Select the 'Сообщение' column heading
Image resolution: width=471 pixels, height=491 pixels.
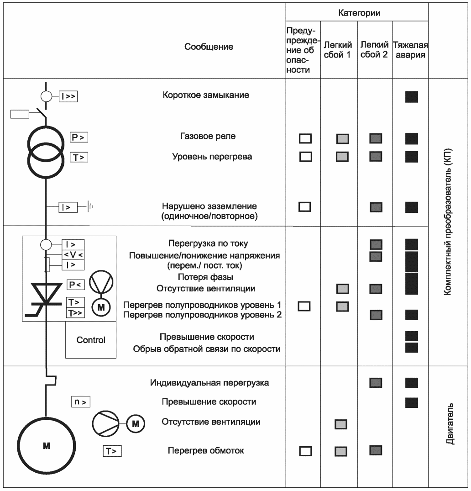[x=209, y=47]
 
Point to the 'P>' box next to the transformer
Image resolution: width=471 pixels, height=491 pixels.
[x=78, y=137]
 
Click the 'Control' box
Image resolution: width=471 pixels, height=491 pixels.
[x=90, y=340]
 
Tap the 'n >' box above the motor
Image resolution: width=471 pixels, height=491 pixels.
[x=81, y=402]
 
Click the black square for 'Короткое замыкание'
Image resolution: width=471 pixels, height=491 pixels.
[x=411, y=97]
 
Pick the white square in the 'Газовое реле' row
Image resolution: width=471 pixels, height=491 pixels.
[x=305, y=138]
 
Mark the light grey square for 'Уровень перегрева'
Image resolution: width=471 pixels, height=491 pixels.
[x=342, y=157]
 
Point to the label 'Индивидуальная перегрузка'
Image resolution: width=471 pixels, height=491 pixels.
[x=209, y=383]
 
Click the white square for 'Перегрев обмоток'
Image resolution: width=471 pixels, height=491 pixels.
[x=305, y=451]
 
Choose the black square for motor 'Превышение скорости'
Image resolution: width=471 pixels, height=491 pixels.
[x=411, y=402]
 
